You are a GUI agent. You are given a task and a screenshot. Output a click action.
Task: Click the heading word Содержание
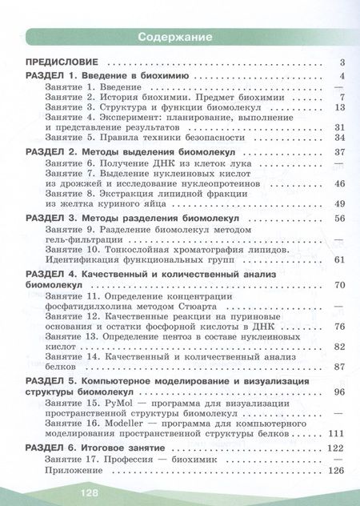click(174, 37)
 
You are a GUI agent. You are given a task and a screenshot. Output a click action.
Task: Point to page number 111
click(335, 433)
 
